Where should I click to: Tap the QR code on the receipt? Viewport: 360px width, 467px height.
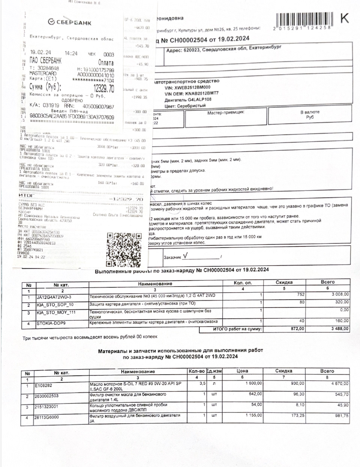coord(123,248)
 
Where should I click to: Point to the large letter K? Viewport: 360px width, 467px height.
coord(344,18)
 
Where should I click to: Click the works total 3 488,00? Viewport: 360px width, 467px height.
coord(339,329)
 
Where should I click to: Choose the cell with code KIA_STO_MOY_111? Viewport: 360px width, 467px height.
coord(56,312)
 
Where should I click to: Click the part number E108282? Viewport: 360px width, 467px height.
coord(43,385)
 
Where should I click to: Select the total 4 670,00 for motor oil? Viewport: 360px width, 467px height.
coord(339,384)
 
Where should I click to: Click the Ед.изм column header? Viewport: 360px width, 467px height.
coord(214,371)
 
